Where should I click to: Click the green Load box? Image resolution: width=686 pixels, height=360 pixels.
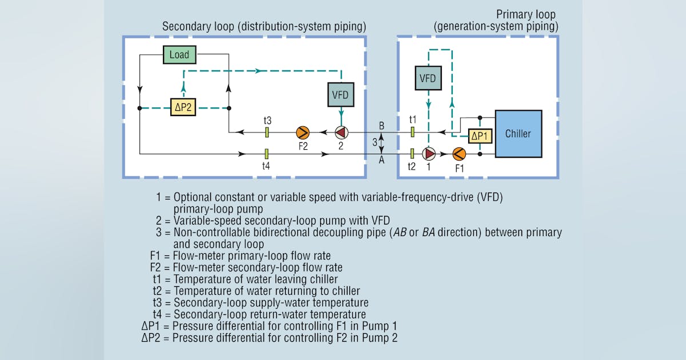[180, 55]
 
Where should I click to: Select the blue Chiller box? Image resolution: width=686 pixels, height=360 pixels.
[518, 134]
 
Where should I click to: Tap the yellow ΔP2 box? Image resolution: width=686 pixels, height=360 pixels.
[183, 107]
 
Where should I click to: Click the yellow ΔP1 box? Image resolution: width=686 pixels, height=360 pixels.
[480, 136]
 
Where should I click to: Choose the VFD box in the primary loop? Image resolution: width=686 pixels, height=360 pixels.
[428, 78]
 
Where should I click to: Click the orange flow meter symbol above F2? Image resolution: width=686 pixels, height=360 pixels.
[302, 133]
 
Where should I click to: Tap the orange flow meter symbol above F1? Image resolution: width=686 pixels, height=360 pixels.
[459, 154]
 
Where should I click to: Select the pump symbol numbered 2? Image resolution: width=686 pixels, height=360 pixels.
[341, 133]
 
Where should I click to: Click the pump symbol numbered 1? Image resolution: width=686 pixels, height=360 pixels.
[429, 154]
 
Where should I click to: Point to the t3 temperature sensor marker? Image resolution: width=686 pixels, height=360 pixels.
[267, 133]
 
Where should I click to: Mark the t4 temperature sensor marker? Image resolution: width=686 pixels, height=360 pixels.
[267, 153]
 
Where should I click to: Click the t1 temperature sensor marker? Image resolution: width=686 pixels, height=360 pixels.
[412, 133]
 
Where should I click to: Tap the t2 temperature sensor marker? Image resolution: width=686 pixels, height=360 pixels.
[412, 153]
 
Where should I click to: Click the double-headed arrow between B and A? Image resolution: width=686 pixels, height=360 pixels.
[382, 143]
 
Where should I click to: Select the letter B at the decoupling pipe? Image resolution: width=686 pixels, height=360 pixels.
[382, 125]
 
